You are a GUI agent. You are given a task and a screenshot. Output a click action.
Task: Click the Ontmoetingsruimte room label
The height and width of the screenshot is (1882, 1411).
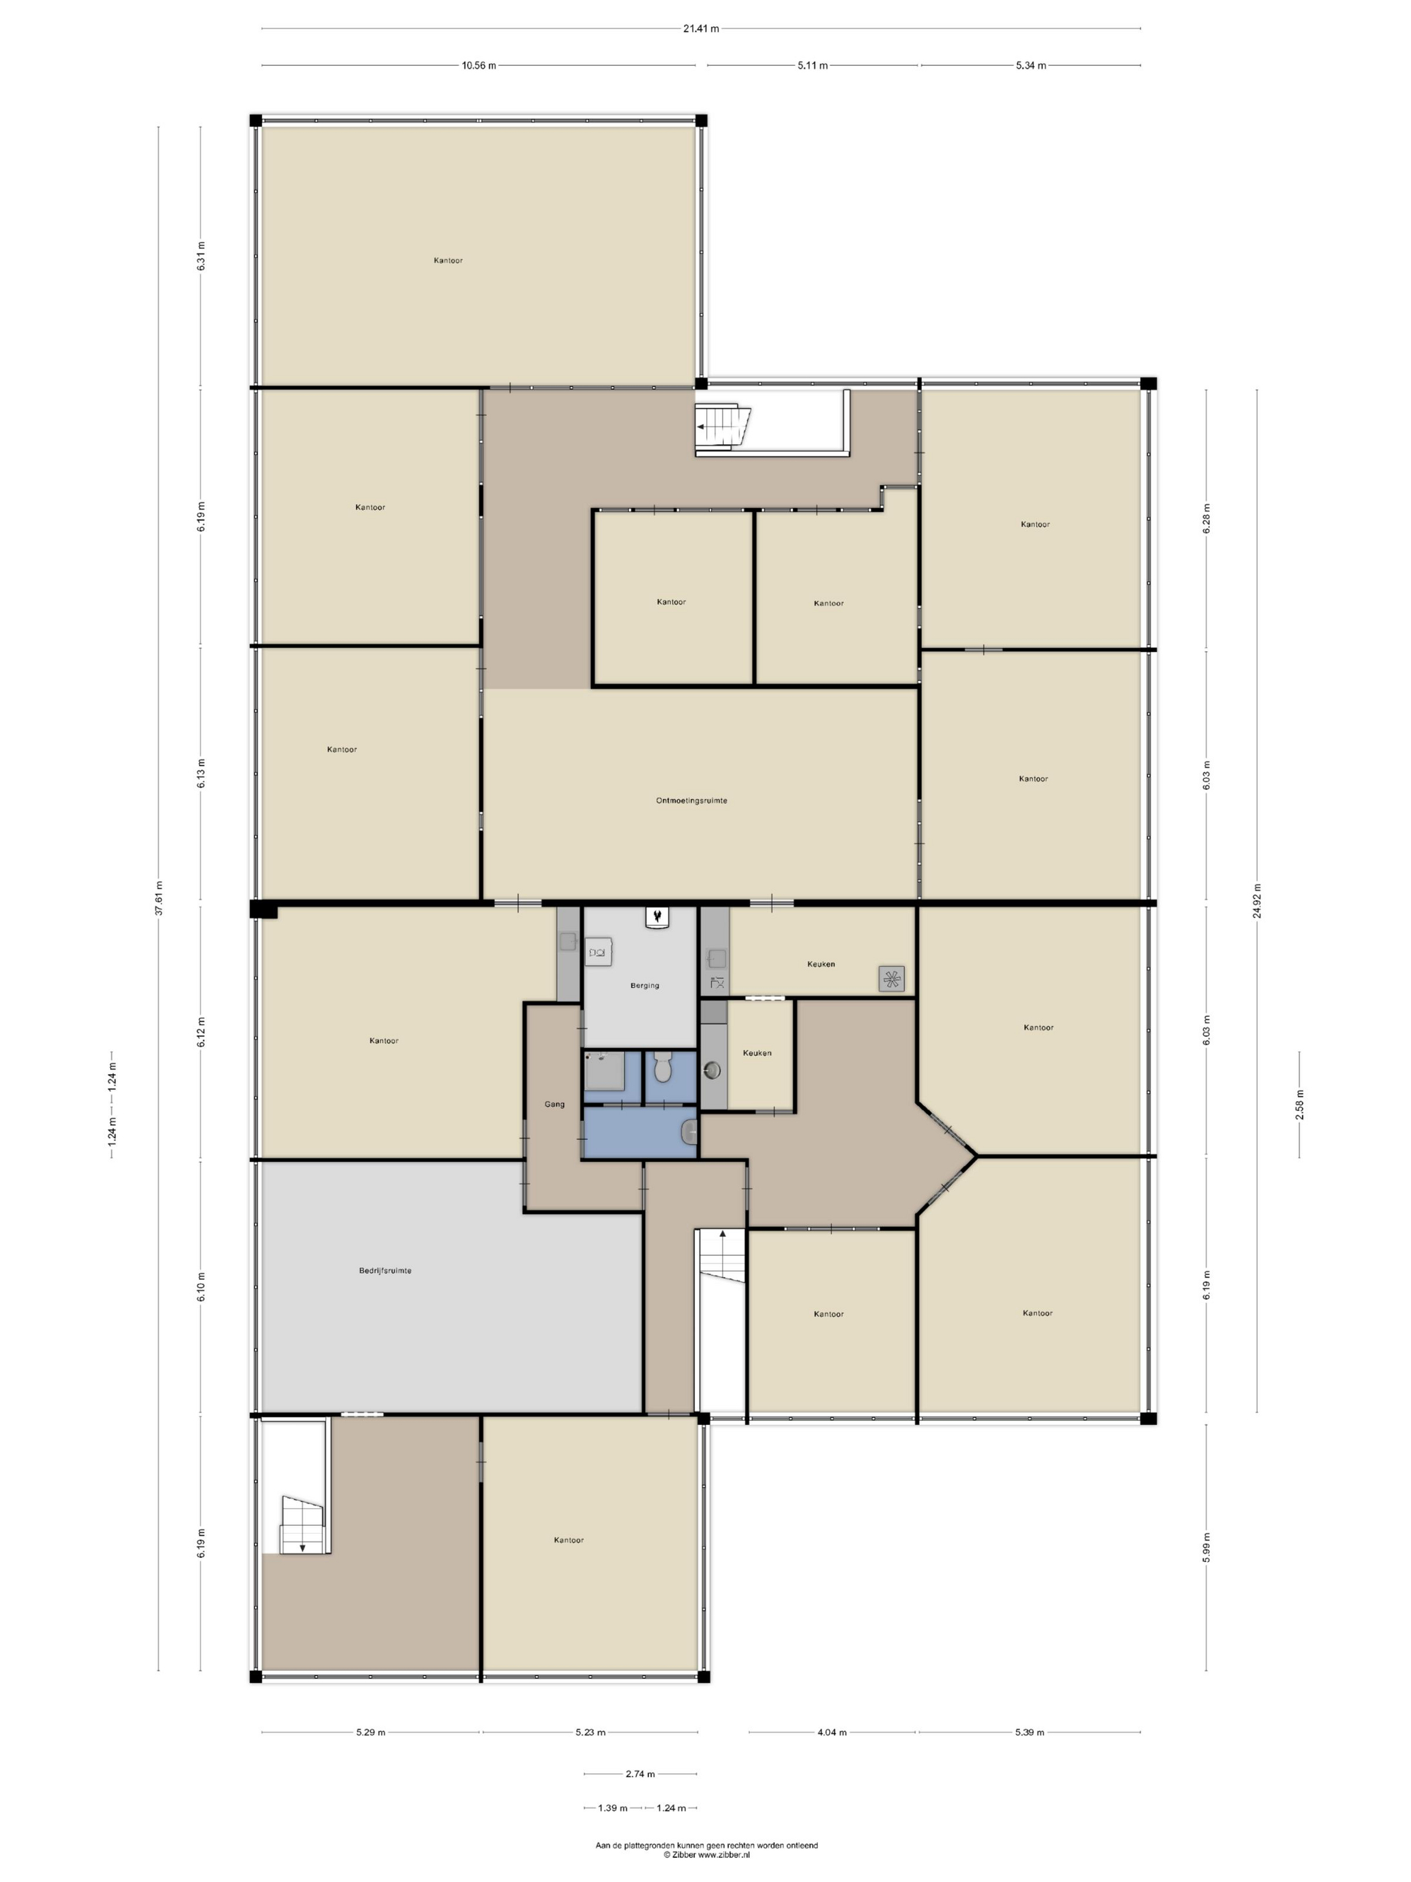[x=691, y=801]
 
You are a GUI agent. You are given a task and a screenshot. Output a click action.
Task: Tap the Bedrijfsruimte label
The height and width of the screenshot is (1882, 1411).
[x=385, y=1270]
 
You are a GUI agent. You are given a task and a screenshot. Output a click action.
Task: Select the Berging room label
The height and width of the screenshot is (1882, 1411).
[x=644, y=985]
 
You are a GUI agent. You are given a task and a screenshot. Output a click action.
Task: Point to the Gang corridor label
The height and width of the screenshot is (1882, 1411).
[x=554, y=1104]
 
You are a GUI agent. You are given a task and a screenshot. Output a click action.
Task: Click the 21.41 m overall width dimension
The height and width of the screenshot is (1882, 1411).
[x=701, y=28]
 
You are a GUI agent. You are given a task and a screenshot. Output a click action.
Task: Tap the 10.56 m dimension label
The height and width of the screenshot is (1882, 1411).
[x=479, y=65]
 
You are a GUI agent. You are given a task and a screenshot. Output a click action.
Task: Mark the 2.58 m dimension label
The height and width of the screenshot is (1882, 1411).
[x=1299, y=1104]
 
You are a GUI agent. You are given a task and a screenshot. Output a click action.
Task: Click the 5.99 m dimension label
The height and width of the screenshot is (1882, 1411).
[x=1206, y=1547]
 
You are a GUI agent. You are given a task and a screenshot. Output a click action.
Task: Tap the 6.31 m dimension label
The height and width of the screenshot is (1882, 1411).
[x=202, y=256]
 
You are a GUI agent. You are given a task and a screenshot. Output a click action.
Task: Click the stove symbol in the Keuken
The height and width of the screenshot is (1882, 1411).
[x=892, y=979]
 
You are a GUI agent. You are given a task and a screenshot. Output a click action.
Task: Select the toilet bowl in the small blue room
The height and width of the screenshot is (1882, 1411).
[x=663, y=1068]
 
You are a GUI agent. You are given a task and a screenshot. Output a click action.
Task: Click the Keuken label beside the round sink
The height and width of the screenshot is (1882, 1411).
[x=757, y=1053]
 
